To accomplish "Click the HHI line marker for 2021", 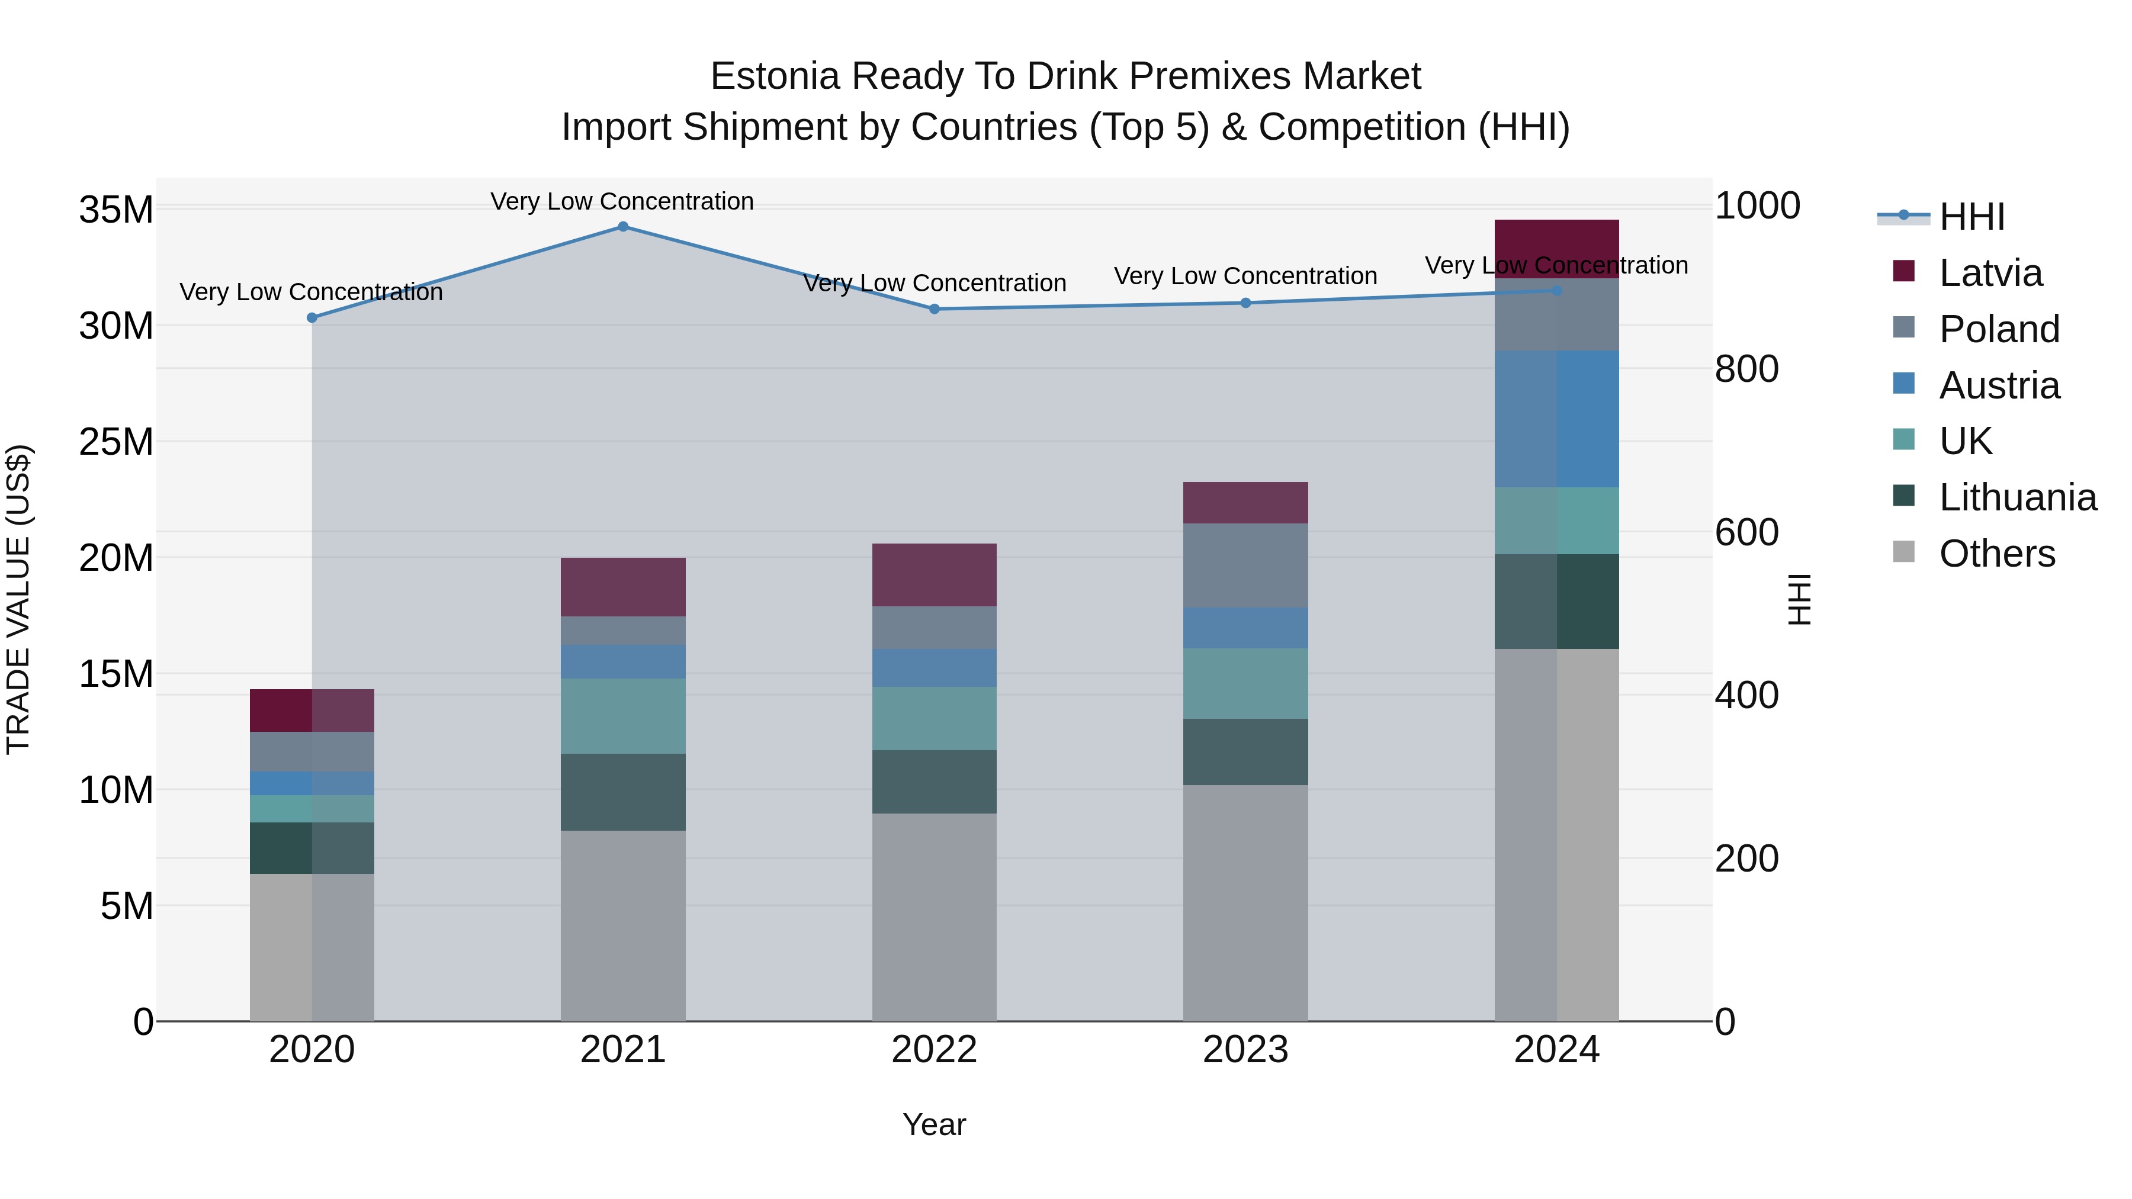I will click(623, 226).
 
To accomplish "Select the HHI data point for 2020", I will click(312, 318).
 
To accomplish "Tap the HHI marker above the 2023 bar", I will click(1245, 303).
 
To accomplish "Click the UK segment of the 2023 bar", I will click(1245, 683).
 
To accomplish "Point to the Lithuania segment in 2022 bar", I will click(935, 782).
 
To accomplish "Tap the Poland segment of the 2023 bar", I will click(1245, 565).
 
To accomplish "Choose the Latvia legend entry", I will click(1990, 273).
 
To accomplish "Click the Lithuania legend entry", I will click(2017, 497).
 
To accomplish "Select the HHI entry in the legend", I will click(1970, 217).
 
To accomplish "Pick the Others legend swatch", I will click(1903, 552).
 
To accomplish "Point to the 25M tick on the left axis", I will click(116, 442).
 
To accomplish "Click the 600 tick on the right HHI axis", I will click(1746, 532).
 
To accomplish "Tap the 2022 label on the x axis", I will click(935, 1050).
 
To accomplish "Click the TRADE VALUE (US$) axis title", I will click(18, 599).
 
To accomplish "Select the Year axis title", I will click(935, 1124).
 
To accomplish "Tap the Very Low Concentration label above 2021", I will click(622, 201).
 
